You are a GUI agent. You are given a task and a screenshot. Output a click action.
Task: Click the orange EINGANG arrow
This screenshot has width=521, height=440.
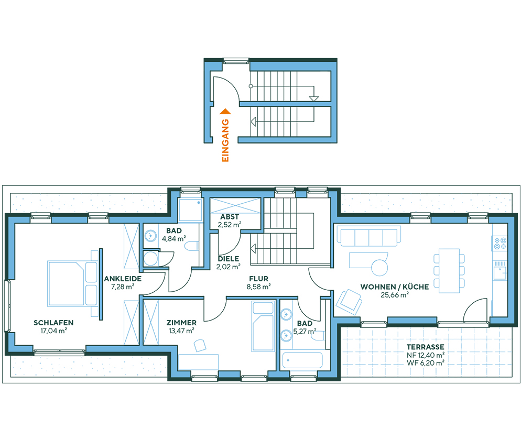pos(225,111)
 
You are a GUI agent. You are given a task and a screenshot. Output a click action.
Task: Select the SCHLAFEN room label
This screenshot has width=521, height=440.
pos(53,323)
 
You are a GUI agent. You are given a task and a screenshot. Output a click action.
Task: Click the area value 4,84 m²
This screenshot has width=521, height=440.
pos(173,239)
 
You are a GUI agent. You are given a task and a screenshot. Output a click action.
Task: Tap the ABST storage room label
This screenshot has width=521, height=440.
pos(230,217)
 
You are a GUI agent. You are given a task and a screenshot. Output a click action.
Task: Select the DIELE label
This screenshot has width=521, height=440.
pos(229,258)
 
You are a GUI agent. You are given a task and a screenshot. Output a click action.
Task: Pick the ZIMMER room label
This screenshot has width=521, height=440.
pos(181,323)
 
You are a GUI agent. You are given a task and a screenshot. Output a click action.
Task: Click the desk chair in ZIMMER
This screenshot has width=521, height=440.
pos(200,345)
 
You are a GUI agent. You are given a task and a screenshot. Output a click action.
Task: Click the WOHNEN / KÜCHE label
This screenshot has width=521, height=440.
pos(394,287)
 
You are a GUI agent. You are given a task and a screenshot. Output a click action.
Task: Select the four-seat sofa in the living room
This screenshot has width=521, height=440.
pos(368,237)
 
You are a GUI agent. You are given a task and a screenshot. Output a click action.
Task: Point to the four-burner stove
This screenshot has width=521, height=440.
pos(499,243)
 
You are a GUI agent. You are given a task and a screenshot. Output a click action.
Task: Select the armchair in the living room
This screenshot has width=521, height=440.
pos(349,301)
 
